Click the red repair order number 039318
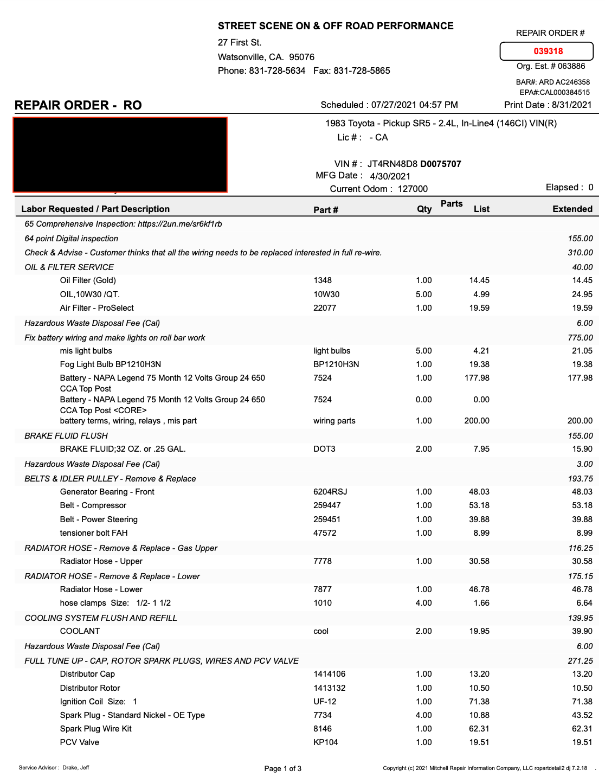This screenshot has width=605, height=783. point(548,51)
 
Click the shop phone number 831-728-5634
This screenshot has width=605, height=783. point(277,70)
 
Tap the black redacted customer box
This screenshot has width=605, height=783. point(120,155)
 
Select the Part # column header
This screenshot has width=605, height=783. point(326,210)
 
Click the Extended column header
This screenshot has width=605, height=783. point(572,209)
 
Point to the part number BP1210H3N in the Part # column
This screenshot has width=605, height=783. point(336,364)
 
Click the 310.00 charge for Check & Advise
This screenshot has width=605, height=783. point(580,253)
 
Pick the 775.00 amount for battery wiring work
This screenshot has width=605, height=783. point(580,338)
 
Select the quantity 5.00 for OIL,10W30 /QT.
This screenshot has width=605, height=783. point(423,294)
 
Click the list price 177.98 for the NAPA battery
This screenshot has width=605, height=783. point(477,378)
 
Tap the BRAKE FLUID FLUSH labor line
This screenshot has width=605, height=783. point(66,436)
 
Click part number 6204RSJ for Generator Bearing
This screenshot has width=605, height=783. point(330,492)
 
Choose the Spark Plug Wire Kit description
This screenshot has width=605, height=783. point(96,729)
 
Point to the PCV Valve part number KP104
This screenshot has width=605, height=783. point(325,742)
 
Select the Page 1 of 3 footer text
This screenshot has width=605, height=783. point(283,768)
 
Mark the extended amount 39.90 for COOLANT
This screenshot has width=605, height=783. point(582,631)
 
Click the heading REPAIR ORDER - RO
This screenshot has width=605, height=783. point(78,105)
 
